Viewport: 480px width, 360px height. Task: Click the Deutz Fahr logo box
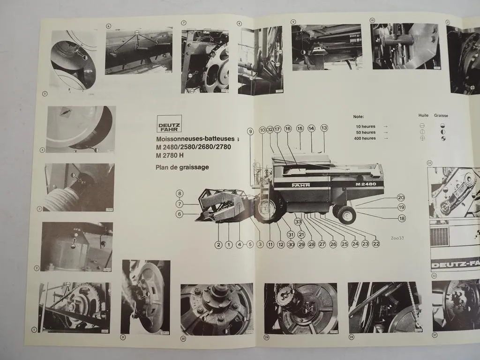pyautogui.click(x=169, y=124)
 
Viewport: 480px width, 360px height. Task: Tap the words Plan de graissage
pyautogui.click(x=182, y=167)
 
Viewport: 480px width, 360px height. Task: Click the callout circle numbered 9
pyautogui.click(x=251, y=132)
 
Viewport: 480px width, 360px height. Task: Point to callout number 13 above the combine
pyautogui.click(x=324, y=128)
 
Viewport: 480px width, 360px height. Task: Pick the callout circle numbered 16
pyautogui.click(x=288, y=128)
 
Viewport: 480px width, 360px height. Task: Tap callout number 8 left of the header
pyautogui.click(x=180, y=193)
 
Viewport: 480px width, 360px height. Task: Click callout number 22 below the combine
pyautogui.click(x=376, y=244)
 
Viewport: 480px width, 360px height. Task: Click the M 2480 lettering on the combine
pyautogui.click(x=364, y=184)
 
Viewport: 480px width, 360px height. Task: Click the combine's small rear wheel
pyautogui.click(x=346, y=215)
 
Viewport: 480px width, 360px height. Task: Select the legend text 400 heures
pyautogui.click(x=365, y=138)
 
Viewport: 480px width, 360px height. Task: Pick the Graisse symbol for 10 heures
pyautogui.click(x=442, y=126)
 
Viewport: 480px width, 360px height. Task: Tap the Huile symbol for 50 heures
pyautogui.click(x=422, y=132)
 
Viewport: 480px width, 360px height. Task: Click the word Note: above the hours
pyautogui.click(x=358, y=117)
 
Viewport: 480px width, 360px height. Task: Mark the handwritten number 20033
pyautogui.click(x=397, y=238)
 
